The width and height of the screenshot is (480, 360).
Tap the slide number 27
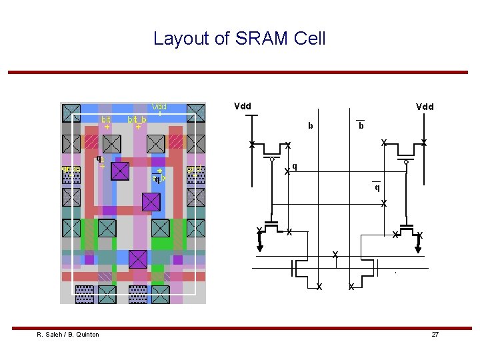435,334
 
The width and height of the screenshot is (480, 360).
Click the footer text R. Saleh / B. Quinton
68,334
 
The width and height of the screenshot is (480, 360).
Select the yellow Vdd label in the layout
159,107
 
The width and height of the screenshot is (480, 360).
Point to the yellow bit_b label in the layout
137,119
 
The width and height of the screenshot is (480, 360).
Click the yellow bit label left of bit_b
105,119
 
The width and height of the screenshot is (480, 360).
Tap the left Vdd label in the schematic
242,106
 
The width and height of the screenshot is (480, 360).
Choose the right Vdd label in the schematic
425,107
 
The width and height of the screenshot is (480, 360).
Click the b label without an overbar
310,125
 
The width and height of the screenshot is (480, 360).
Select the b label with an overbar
361,126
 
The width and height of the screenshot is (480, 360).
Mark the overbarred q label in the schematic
377,187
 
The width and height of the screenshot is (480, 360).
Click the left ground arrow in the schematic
260,247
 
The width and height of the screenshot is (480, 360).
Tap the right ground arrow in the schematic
419,247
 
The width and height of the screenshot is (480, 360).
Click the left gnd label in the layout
70,169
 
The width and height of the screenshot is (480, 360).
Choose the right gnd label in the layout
195,169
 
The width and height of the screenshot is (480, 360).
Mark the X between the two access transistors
335,255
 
